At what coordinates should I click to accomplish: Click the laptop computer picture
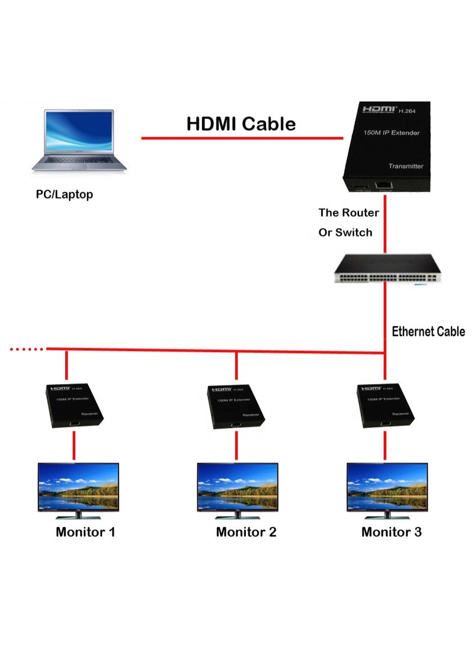79,140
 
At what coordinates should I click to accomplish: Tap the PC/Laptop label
64,194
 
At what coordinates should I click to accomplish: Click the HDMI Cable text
241,124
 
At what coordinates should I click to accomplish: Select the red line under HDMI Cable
242,139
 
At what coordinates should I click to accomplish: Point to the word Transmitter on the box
406,167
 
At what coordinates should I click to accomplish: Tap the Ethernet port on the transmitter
385,186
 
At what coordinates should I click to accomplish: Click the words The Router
348,213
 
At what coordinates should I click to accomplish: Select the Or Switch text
345,232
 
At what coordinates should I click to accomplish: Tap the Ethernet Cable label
428,331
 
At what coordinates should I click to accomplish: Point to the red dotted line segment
27,349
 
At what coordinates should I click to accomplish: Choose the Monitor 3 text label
391,532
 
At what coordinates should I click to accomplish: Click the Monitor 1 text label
85,532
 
